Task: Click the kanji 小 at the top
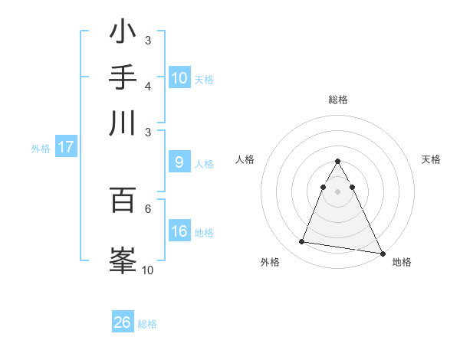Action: [x=123, y=34]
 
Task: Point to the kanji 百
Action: [x=123, y=200]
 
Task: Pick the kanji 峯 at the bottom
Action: [x=123, y=259]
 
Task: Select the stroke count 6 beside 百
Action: [x=148, y=208]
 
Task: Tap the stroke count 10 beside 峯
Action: [x=148, y=270]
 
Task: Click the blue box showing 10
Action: [x=179, y=78]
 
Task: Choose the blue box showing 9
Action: [x=179, y=162]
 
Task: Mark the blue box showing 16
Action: [x=179, y=231]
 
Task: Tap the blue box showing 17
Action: [x=65, y=147]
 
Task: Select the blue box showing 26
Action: [x=123, y=322]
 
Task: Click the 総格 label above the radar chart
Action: [x=337, y=100]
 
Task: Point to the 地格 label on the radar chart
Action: [x=402, y=262]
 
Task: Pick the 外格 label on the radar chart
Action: [x=270, y=262]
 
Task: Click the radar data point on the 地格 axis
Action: [x=382, y=254]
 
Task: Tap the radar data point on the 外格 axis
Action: [x=302, y=242]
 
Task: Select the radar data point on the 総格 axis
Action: [x=337, y=161]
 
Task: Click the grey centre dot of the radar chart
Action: [x=337, y=191]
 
